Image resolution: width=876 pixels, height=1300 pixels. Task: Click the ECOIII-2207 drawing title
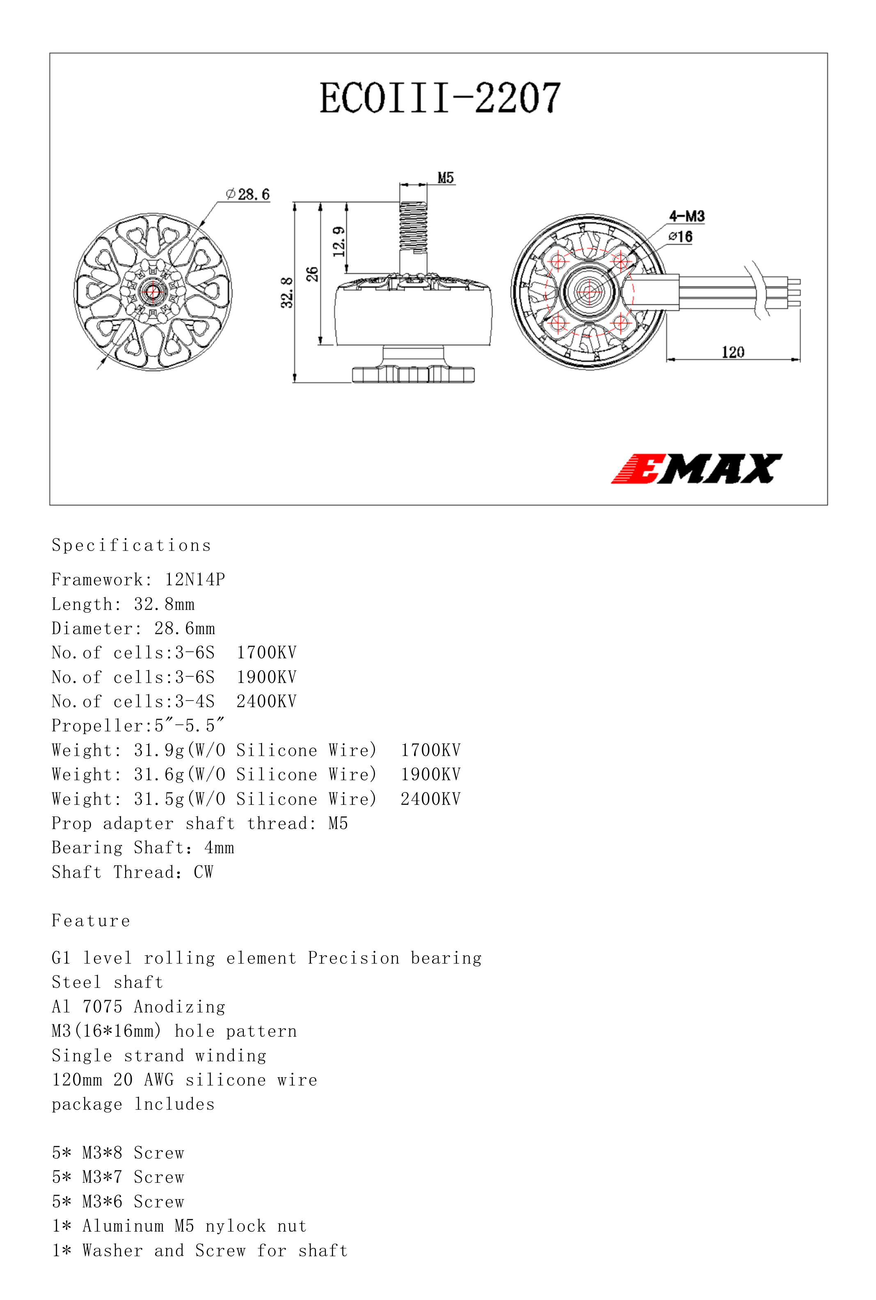click(440, 98)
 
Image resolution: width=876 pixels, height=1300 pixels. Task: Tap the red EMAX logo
click(696, 468)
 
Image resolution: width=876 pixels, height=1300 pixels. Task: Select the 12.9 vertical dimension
click(339, 241)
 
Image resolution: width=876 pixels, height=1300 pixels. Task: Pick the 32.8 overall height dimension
click(287, 292)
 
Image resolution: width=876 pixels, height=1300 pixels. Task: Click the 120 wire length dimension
click(733, 352)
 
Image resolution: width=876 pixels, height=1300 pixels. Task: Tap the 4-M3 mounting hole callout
click(686, 216)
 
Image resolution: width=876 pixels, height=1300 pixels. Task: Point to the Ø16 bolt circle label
click(680, 237)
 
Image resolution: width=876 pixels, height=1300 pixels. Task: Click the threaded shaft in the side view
click(414, 226)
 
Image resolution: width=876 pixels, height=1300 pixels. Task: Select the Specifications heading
click(131, 545)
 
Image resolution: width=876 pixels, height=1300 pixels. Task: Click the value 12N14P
click(195, 579)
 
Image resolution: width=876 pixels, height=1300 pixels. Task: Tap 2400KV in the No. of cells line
click(266, 701)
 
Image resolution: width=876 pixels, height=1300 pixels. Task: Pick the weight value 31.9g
click(159, 750)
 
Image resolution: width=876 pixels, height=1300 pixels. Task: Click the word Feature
click(91, 921)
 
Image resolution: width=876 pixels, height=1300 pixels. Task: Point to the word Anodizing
click(179, 1007)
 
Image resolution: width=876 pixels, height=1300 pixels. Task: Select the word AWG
click(159, 1080)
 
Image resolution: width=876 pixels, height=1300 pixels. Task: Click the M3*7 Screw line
click(118, 1177)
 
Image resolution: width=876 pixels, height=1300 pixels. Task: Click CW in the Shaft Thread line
click(204, 872)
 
